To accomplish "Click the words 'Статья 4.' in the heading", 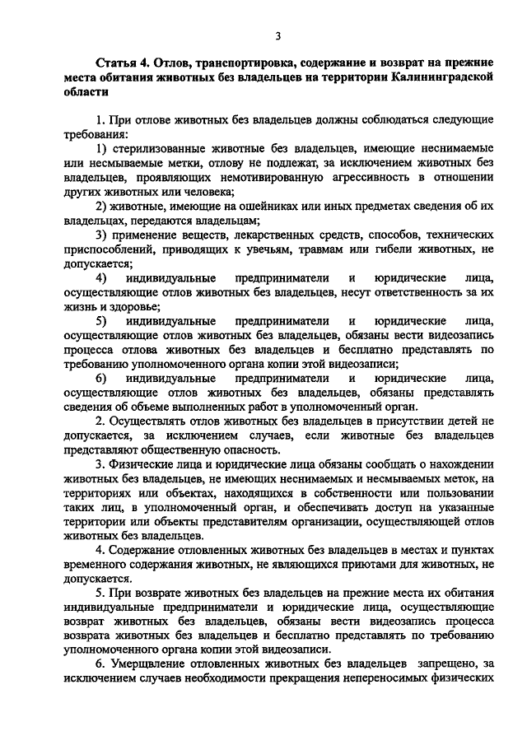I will [x=123, y=63].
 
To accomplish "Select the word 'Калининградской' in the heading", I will [x=443, y=78].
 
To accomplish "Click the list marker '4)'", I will [x=101, y=277].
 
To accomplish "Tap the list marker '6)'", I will [x=101, y=378].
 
